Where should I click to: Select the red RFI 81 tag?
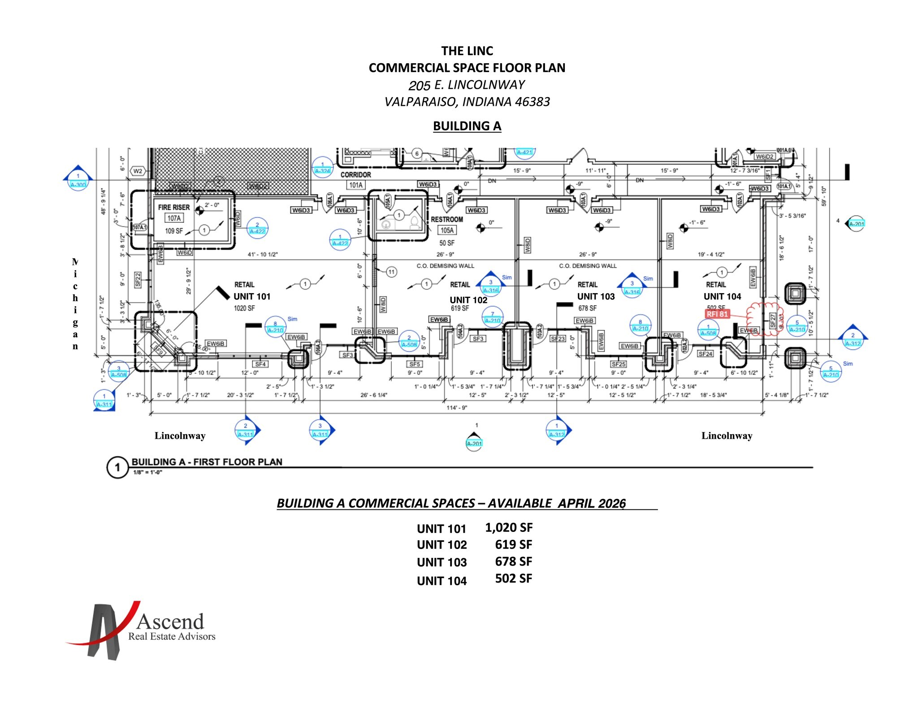[x=717, y=314]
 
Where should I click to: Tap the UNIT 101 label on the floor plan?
[x=252, y=297]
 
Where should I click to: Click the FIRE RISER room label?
[x=174, y=207]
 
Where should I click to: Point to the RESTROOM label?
[x=446, y=220]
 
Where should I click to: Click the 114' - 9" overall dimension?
[x=457, y=408]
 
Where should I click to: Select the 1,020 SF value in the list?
[x=509, y=528]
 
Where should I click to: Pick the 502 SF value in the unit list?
[x=513, y=579]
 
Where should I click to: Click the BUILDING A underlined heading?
[x=467, y=126]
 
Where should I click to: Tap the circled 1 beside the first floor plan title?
[x=117, y=468]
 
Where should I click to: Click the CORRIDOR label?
[x=355, y=175]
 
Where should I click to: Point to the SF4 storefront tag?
[x=260, y=364]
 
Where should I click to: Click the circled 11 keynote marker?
[x=391, y=272]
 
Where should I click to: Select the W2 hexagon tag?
[x=138, y=171]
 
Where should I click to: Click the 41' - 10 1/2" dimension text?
[x=263, y=255]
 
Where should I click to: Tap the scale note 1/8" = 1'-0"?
[x=147, y=472]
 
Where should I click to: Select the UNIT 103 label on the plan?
[x=596, y=297]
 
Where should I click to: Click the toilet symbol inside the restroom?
[x=414, y=223]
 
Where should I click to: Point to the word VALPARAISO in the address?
[x=420, y=102]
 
